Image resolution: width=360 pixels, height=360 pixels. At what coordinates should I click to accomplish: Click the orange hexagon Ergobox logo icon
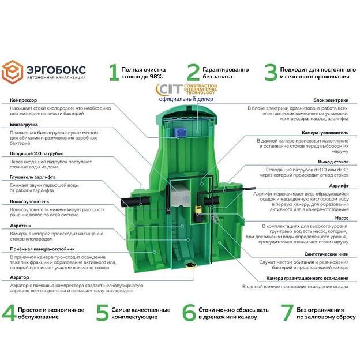click(14, 72)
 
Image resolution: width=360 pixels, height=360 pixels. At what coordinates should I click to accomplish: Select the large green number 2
click(193, 72)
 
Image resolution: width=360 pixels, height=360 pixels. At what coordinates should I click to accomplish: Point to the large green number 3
click(270, 72)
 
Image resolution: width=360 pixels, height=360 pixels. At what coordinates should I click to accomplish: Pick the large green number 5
click(102, 313)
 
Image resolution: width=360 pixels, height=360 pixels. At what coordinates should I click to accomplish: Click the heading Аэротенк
click(21, 226)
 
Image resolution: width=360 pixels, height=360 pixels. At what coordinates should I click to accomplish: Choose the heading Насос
click(342, 219)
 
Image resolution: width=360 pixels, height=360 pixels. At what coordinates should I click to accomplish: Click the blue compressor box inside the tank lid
click(179, 132)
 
